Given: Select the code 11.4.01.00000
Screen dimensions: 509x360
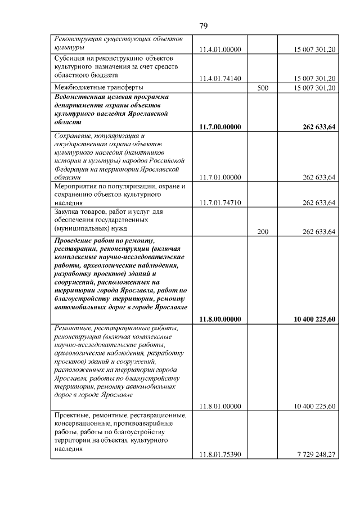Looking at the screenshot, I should click(220, 50).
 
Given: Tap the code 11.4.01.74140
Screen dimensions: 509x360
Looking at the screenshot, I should click(220, 78).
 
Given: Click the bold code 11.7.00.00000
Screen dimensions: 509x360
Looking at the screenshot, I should click(220, 127).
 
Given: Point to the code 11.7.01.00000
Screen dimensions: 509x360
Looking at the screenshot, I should click(220, 177).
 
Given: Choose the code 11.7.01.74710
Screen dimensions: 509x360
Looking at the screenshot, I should click(220, 203).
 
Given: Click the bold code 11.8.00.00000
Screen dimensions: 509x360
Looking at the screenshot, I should click(220, 319).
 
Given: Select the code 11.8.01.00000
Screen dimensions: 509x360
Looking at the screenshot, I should click(220, 406).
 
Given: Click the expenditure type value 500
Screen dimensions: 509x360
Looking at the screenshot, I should click(262, 88).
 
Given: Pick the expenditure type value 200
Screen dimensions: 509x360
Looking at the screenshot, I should click(262, 232).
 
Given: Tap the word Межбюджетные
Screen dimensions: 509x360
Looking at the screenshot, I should click(78, 87).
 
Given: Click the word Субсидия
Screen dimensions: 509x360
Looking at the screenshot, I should click(70, 58).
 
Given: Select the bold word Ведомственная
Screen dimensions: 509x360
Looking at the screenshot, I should click(82, 96).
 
